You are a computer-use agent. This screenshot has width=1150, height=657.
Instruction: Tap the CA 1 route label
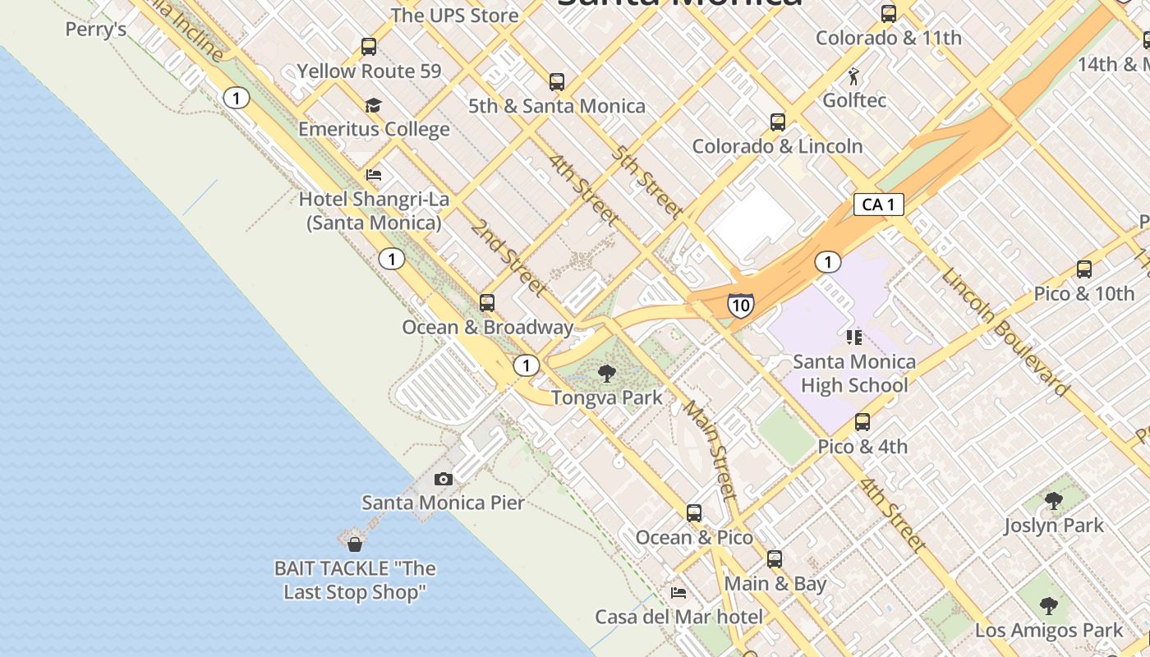(878, 204)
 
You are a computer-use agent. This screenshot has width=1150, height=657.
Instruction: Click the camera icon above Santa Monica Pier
(444, 479)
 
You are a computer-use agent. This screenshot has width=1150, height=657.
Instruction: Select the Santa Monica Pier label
(443, 503)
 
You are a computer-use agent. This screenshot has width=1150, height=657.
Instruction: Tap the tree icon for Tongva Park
(607, 374)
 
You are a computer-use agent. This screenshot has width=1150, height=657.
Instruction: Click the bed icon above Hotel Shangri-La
(374, 174)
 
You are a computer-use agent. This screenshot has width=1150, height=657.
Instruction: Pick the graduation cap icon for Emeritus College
(374, 105)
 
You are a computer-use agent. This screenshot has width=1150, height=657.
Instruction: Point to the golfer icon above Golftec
(854, 76)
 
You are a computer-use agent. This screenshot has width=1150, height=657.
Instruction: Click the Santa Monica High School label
(854, 374)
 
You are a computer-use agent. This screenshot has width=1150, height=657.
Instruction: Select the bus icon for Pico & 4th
(862, 422)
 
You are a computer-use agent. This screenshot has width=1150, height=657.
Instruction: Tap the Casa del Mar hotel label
(678, 616)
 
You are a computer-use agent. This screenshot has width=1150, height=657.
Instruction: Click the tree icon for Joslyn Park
(1053, 500)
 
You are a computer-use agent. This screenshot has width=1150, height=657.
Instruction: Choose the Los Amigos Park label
(1048, 631)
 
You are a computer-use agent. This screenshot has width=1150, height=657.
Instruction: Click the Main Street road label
(710, 449)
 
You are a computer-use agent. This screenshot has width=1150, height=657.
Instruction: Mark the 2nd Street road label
(508, 257)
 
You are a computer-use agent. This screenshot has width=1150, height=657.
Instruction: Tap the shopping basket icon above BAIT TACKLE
(355, 544)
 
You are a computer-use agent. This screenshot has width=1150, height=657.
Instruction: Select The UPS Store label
(454, 15)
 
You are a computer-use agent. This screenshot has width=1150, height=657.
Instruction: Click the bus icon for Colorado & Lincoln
(778, 122)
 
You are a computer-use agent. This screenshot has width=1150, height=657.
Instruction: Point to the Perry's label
(96, 30)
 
